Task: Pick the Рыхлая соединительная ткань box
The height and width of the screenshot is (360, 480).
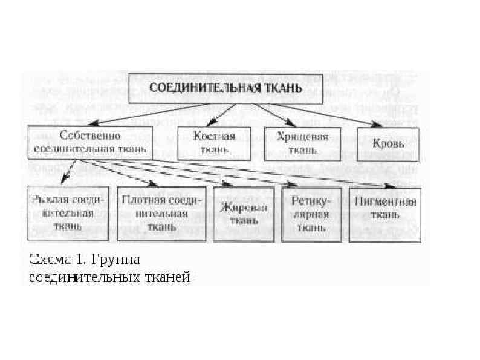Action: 68,213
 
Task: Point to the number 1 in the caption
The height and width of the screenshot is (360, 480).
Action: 83,261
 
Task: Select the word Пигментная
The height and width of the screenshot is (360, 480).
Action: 385,202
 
